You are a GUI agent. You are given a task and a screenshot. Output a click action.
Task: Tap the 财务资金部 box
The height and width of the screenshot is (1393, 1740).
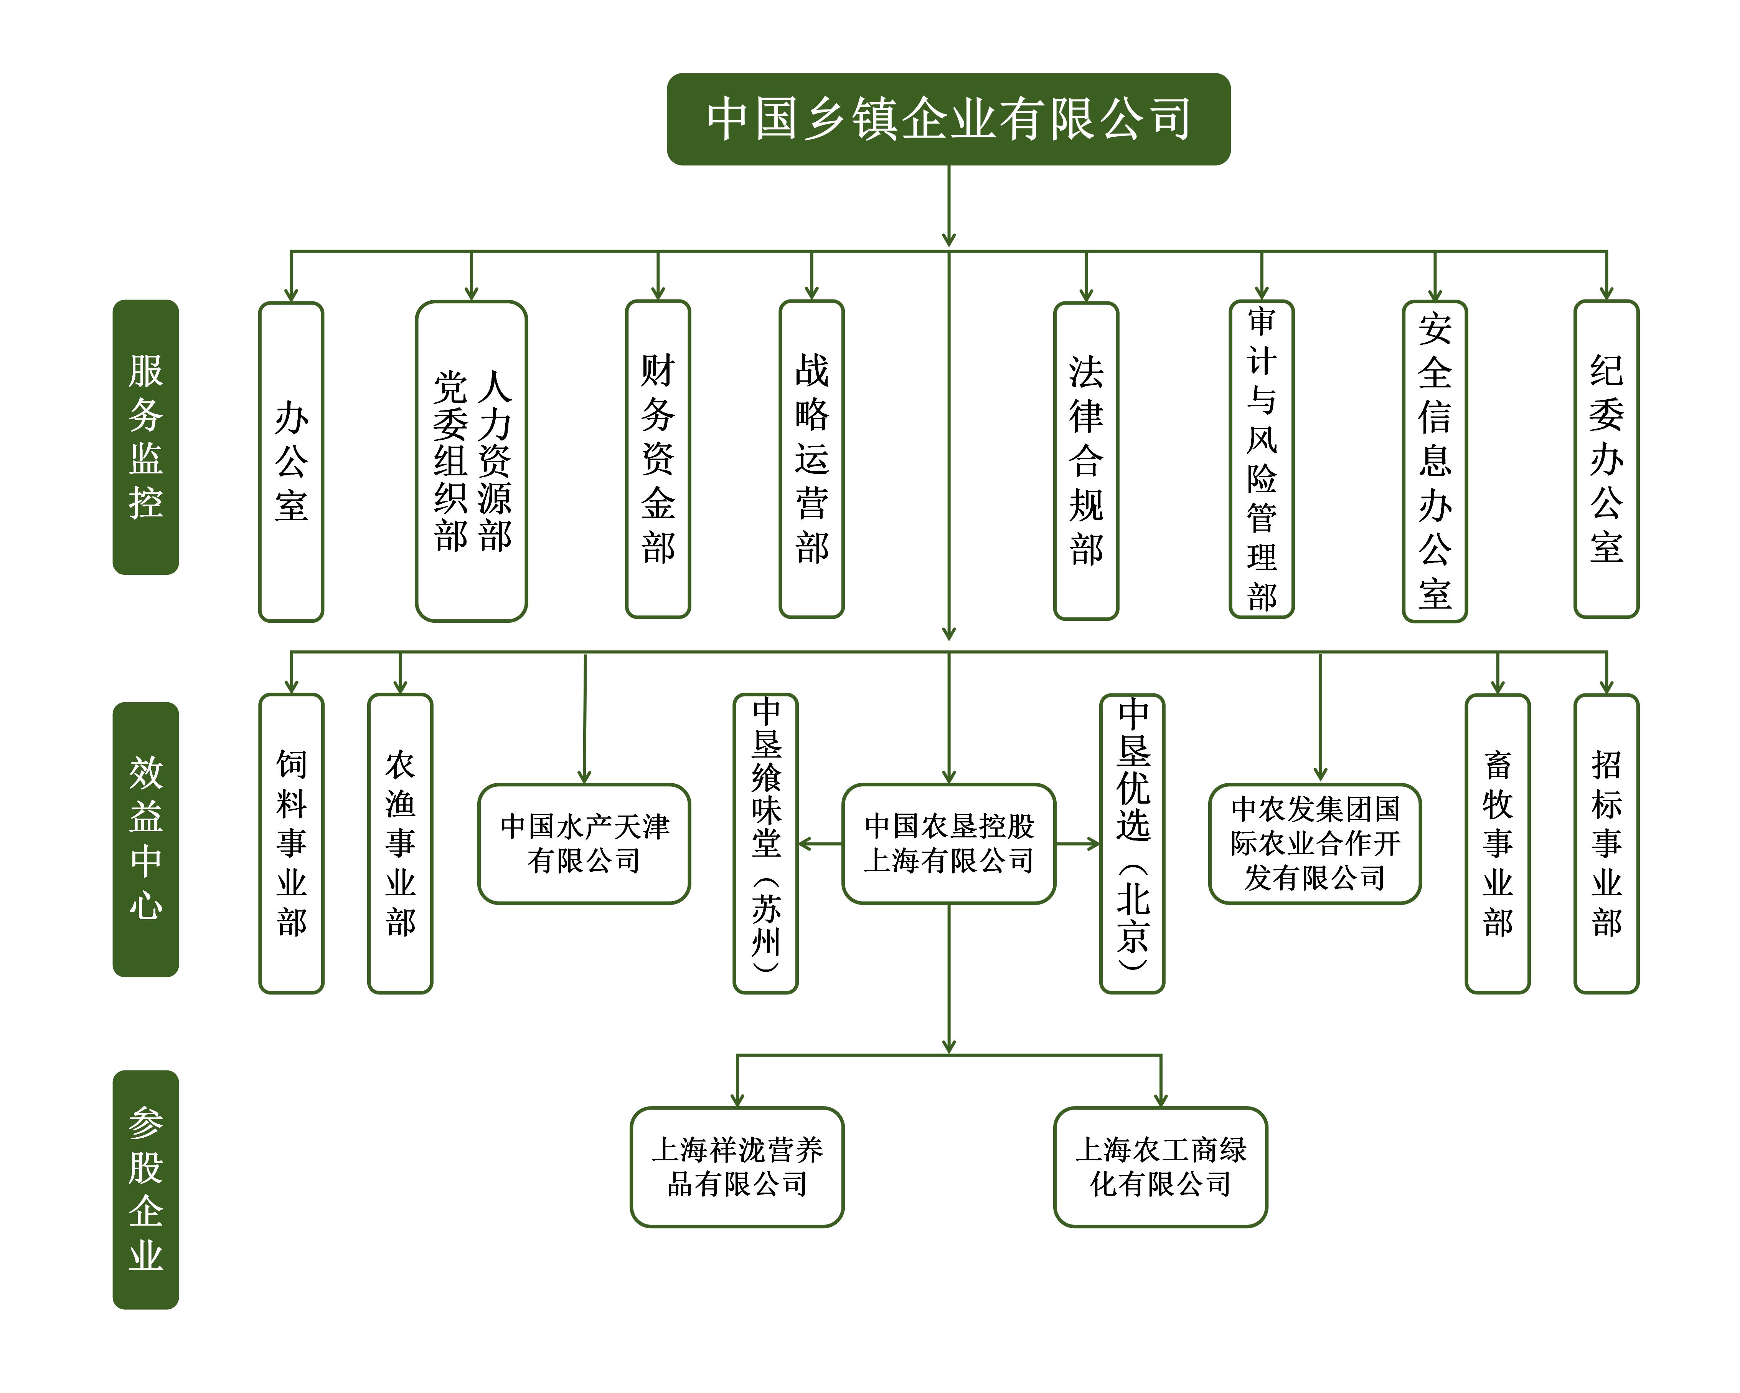[658, 459]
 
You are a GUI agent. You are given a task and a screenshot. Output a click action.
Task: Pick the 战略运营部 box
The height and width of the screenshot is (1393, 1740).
[811, 459]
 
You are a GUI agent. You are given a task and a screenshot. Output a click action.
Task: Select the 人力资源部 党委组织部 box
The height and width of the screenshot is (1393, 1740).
[471, 461]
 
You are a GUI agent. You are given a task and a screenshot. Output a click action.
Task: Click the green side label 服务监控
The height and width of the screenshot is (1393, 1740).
[145, 437]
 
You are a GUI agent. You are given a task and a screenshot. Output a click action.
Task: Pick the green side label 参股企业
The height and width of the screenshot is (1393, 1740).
[145, 1189]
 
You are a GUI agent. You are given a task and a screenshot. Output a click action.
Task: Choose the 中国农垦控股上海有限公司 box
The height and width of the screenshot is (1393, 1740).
[948, 843]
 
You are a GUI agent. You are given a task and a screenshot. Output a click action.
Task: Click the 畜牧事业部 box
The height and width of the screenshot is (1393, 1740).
[1497, 843]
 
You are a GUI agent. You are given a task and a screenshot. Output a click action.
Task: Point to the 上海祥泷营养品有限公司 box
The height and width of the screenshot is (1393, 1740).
[737, 1166]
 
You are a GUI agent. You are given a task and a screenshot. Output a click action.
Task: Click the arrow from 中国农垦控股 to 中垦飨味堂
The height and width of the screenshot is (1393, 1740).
[819, 844]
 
